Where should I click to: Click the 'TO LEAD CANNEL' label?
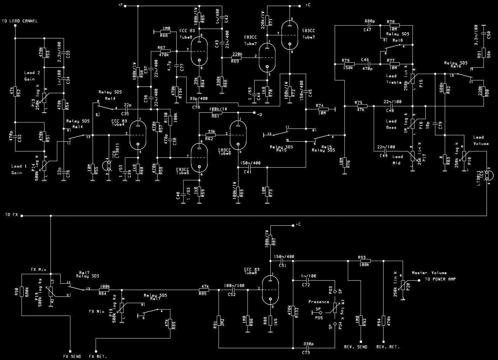point(20,21)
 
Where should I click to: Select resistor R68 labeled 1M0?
point(165,31)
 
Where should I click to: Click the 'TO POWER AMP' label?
point(440,279)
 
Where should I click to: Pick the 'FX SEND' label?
point(72,356)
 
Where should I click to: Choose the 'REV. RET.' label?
point(388,347)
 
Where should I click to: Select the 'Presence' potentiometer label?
point(319,302)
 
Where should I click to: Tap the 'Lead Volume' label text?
point(480,140)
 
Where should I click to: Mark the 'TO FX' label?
point(11,214)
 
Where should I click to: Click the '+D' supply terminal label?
point(259,115)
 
